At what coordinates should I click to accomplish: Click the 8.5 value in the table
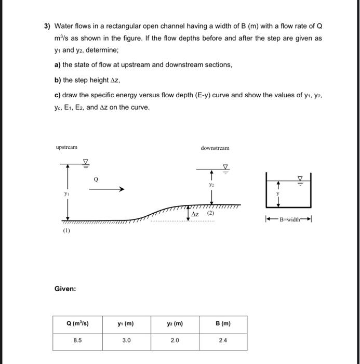77,341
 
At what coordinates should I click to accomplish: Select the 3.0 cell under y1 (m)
126,341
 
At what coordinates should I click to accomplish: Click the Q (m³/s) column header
77,323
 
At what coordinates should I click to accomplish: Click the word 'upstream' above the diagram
66,148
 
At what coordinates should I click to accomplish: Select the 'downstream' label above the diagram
215,148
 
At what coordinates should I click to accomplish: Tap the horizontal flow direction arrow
106,190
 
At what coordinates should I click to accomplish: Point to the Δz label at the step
196,214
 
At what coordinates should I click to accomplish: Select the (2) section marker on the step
211,214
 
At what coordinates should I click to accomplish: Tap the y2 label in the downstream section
211,184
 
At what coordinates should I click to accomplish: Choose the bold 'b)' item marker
57,80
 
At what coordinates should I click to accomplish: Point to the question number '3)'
47,25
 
